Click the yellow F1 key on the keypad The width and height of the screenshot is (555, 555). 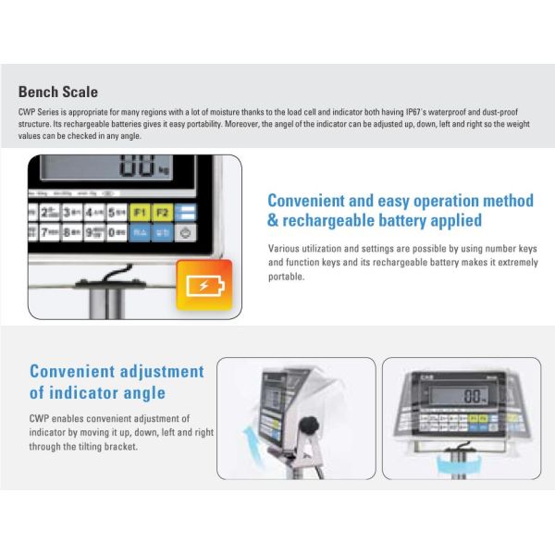(140, 213)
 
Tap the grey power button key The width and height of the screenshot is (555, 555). (186, 234)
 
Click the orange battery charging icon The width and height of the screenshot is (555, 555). (203, 285)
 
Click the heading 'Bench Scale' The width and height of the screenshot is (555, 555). (57, 92)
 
